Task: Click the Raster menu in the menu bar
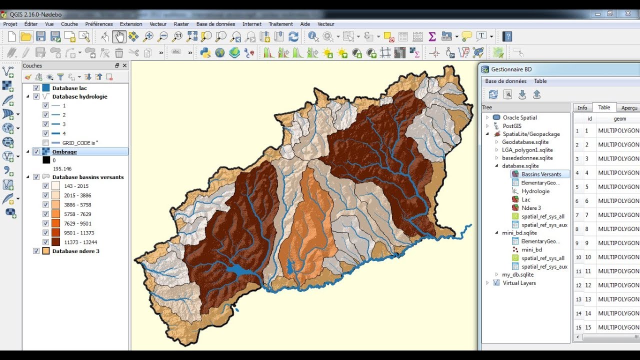(181, 23)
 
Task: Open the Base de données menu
(215, 23)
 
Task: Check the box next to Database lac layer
(36, 88)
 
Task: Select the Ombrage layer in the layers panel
(64, 151)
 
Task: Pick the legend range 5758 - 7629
(77, 214)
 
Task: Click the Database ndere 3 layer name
(75, 251)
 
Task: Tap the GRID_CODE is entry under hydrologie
(80, 142)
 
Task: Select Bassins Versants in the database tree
(541, 174)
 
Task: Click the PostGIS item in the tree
(512, 126)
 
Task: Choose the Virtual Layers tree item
(519, 283)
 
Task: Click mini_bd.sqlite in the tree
(519, 233)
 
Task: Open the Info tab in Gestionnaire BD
(582, 107)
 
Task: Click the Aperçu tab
(629, 107)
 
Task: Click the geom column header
(619, 119)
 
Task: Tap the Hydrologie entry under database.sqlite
(535, 191)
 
